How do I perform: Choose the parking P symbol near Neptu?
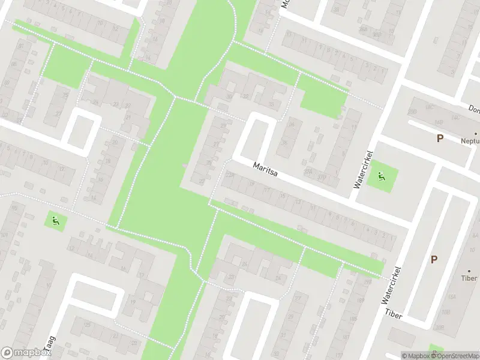pyautogui.click(x=440, y=139)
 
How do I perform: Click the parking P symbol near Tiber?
pyautogui.click(x=434, y=259)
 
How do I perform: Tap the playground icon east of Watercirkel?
pyautogui.click(x=380, y=176)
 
